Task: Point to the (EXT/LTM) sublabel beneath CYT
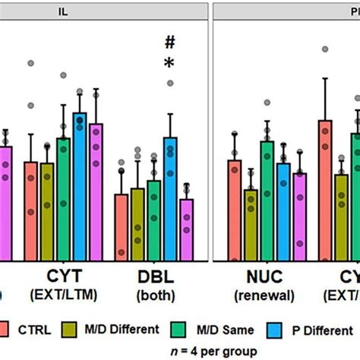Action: (62, 295)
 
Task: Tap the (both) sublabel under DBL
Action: (154, 295)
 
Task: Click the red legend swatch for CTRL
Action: (16, 329)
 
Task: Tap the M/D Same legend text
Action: (219, 329)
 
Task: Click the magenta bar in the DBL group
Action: (186, 231)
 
